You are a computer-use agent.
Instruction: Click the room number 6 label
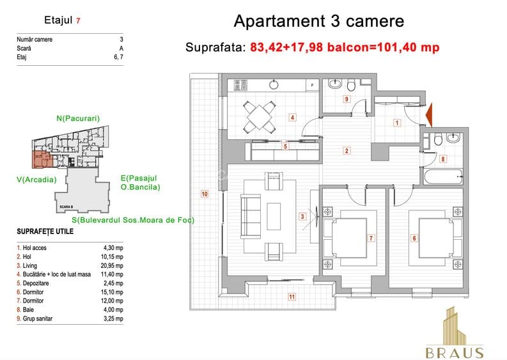414,239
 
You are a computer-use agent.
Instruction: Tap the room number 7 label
371,239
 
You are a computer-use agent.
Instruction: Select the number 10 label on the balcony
205,194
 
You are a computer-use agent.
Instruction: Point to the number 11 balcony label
291,297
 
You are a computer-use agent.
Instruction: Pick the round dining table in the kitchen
260,116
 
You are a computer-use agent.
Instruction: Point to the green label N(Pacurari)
78,118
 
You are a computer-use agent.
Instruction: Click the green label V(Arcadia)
36,180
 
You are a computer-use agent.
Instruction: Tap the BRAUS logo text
455,353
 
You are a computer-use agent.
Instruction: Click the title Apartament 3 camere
318,21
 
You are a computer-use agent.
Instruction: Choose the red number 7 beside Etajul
78,20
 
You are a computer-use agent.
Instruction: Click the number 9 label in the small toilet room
346,99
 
